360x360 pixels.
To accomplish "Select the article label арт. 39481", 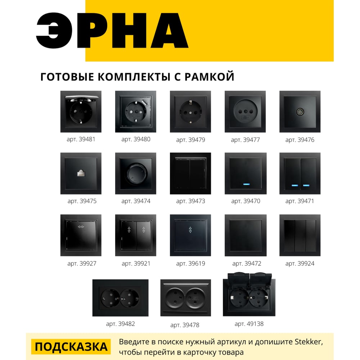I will pyautogui.click(x=81, y=139).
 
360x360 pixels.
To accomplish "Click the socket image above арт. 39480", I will pyautogui.click(x=136, y=111).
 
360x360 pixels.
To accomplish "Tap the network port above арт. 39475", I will pyautogui.click(x=81, y=174).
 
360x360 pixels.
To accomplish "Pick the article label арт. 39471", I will pyautogui.click(x=300, y=201).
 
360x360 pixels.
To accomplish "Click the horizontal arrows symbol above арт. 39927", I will pyautogui.click(x=81, y=227).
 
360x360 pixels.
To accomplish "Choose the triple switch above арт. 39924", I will pyautogui.click(x=300, y=235).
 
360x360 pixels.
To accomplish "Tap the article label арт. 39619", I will pyautogui.click(x=190, y=264).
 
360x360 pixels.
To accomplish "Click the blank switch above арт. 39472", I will pyautogui.click(x=245, y=235).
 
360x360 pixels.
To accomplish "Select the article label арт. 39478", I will pyautogui.click(x=185, y=325).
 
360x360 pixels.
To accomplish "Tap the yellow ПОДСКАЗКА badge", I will pyautogui.click(x=71, y=347).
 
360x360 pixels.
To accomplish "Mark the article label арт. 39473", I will pyautogui.click(x=190, y=201).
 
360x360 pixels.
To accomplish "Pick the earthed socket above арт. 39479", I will pyautogui.click(x=190, y=111).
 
